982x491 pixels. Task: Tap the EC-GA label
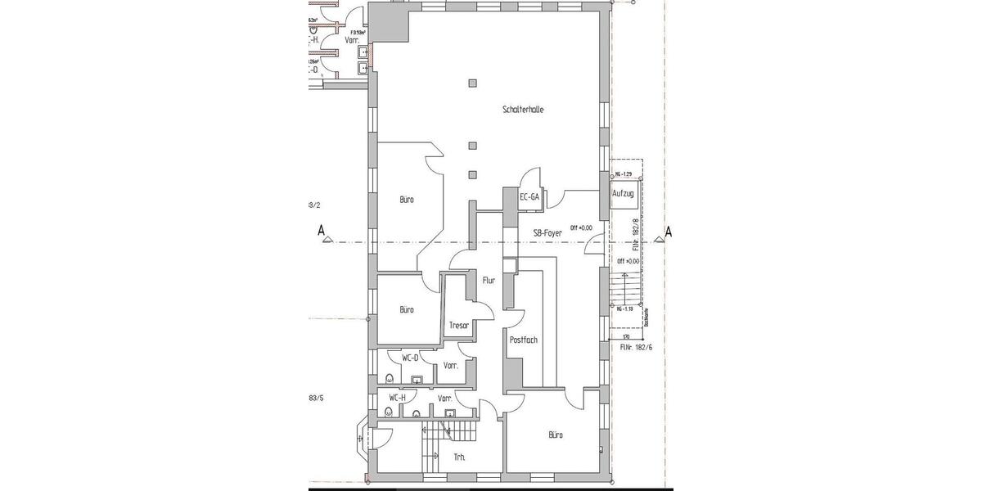click(x=529, y=197)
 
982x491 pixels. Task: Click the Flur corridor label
click(x=489, y=280)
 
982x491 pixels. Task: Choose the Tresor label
click(x=458, y=326)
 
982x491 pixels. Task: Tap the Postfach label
click(x=523, y=340)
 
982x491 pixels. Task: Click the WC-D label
click(x=410, y=358)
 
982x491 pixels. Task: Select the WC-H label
click(x=397, y=398)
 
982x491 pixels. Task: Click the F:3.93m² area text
click(x=357, y=34)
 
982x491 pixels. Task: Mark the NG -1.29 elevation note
click(x=624, y=174)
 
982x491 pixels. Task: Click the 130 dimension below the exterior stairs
click(x=626, y=336)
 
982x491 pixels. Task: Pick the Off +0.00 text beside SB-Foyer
click(x=582, y=227)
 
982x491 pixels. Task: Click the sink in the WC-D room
click(x=417, y=379)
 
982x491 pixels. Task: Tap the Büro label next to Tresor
click(x=407, y=309)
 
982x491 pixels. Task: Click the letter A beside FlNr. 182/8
click(x=669, y=232)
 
